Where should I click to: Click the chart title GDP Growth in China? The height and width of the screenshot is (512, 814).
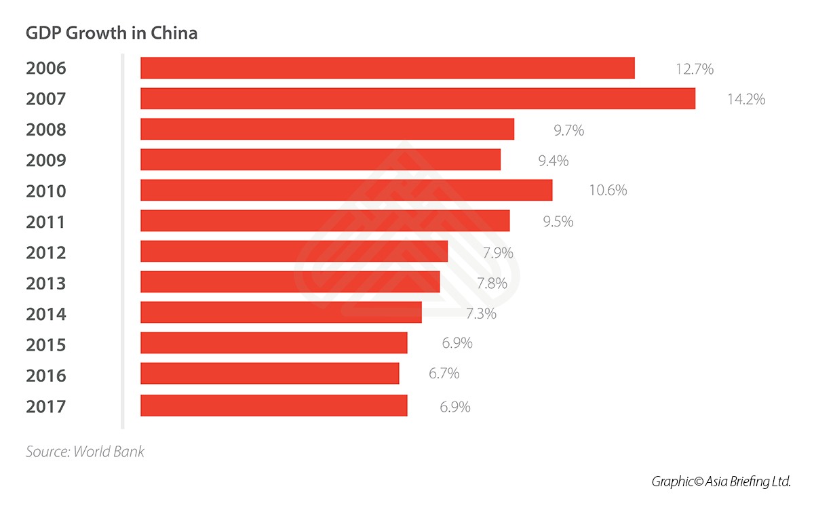pyautogui.click(x=111, y=33)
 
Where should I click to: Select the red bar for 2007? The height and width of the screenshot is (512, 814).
pyautogui.click(x=417, y=98)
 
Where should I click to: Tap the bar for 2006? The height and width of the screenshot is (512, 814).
pyautogui.click(x=387, y=68)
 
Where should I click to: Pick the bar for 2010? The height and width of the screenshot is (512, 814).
pyautogui.click(x=346, y=190)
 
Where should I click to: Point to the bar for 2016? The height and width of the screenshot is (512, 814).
pyautogui.click(x=269, y=374)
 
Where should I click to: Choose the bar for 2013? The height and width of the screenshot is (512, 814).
pyautogui.click(x=290, y=281)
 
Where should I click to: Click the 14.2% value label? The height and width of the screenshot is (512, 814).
pyautogui.click(x=746, y=99)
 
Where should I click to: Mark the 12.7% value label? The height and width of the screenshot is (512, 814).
pyautogui.click(x=695, y=68)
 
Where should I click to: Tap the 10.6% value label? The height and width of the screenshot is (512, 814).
pyautogui.click(x=608, y=191)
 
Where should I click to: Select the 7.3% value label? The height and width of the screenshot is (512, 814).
pyautogui.click(x=482, y=313)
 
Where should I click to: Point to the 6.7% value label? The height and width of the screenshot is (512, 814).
pyautogui.click(x=444, y=374)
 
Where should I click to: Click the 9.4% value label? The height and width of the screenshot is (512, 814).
pyautogui.click(x=554, y=161)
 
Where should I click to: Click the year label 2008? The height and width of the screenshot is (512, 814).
pyautogui.click(x=46, y=130)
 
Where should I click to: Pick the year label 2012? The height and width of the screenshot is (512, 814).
pyautogui.click(x=46, y=252)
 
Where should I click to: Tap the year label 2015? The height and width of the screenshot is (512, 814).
pyautogui.click(x=46, y=344)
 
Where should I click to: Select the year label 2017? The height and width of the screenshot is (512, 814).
pyautogui.click(x=46, y=406)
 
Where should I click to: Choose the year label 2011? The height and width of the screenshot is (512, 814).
pyautogui.click(x=46, y=222)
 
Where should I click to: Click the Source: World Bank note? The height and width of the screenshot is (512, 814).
pyautogui.click(x=85, y=451)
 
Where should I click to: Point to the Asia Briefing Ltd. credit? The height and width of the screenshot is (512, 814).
pyautogui.click(x=722, y=481)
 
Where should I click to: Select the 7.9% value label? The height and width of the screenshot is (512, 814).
pyautogui.click(x=498, y=253)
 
